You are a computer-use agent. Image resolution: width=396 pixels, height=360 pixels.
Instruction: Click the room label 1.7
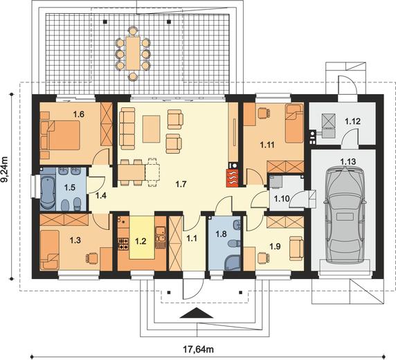[181, 184]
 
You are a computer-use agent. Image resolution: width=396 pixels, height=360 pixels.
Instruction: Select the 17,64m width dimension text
[198, 349]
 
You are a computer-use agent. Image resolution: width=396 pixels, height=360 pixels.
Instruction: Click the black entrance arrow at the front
[197, 313]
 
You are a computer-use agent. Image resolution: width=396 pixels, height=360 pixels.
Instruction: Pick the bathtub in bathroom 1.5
[48, 192]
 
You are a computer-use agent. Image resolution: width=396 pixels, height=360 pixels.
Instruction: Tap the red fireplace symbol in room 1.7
[232, 178]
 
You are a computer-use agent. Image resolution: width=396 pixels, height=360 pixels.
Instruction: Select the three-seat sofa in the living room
[127, 128]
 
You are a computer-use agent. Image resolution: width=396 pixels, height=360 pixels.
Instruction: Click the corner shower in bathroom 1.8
[233, 263]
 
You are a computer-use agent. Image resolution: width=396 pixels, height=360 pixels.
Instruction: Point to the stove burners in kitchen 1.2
[123, 244]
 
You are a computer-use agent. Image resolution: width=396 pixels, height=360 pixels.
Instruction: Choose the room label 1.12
[352, 122]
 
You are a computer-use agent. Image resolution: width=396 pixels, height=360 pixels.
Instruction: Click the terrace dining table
[133, 53]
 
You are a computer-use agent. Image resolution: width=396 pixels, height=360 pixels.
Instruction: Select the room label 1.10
[282, 199]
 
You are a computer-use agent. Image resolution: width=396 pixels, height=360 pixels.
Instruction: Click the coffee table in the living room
[152, 129]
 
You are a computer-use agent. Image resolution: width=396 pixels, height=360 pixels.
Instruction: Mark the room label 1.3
[75, 240]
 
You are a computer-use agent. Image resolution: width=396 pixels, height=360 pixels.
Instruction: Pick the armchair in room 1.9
[296, 248]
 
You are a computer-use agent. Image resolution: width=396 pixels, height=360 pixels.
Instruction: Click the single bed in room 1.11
[294, 124]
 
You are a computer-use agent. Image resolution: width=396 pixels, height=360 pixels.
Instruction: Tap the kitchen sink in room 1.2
[160, 234]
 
